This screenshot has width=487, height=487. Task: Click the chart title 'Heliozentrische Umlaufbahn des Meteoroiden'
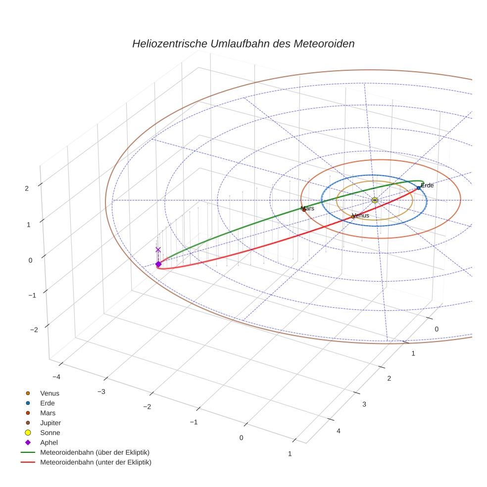click(243, 44)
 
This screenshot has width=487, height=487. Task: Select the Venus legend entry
click(49, 393)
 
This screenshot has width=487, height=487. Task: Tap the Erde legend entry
click(48, 403)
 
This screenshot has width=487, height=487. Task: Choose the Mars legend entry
click(48, 413)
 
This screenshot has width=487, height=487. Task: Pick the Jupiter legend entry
click(50, 423)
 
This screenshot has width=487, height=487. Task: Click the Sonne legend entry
click(50, 433)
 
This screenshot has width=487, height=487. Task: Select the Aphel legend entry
click(49, 442)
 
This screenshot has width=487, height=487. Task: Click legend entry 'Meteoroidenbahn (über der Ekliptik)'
click(95, 452)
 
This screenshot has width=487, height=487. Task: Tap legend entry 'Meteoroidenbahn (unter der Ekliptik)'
click(96, 462)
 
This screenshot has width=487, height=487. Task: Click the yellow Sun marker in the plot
click(375, 200)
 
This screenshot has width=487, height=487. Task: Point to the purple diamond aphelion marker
click(158, 264)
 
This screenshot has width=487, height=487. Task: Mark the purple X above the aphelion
click(158, 250)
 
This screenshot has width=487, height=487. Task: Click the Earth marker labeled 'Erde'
click(419, 188)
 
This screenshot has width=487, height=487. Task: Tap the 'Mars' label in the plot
click(307, 208)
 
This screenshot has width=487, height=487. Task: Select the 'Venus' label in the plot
click(360, 215)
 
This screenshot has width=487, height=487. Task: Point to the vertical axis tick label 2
click(27, 188)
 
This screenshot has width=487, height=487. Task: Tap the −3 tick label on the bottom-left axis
click(101, 392)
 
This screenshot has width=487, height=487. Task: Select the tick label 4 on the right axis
click(339, 431)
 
